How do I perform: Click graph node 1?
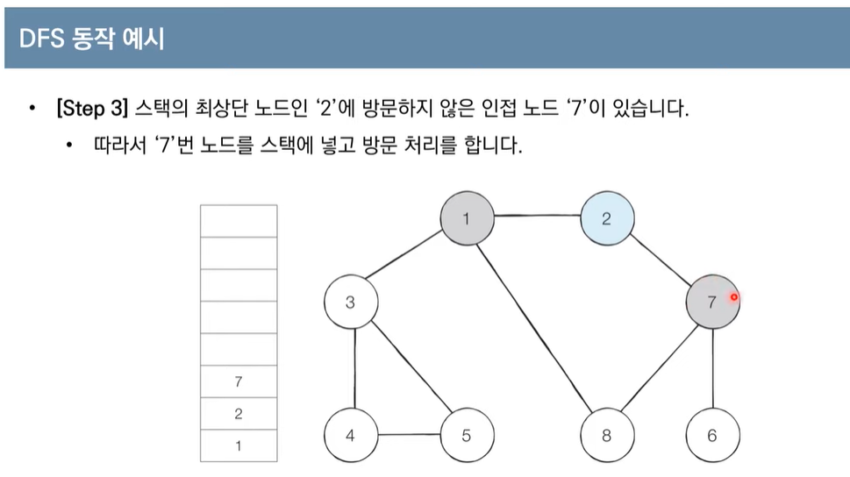[466, 218]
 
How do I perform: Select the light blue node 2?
[606, 218]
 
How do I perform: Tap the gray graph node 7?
[711, 303]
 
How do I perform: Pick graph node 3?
[350, 303]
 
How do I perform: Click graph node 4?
[350, 434]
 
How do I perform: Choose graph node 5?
[467, 434]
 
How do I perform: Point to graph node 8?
[607, 434]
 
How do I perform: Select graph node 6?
[712, 434]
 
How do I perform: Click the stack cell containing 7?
[239, 381]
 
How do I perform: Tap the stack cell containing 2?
[239, 414]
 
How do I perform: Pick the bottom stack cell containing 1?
[239, 445]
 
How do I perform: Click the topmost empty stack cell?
[239, 220]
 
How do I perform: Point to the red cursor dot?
[734, 297]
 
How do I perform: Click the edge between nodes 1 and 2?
[536, 217]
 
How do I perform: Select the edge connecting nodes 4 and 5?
[408, 434]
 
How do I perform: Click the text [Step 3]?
[92, 110]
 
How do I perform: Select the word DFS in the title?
[39, 39]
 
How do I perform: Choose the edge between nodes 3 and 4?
[354, 368]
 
